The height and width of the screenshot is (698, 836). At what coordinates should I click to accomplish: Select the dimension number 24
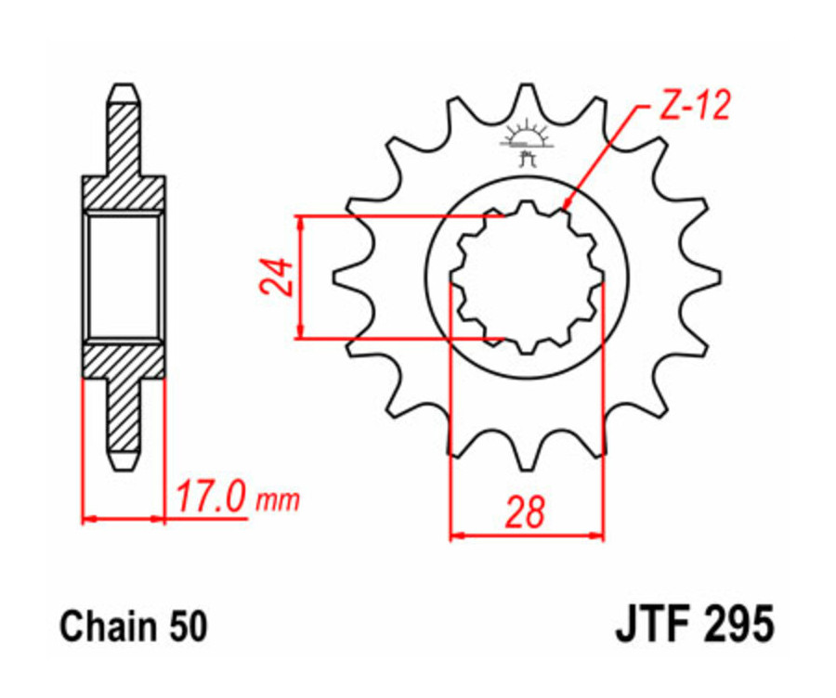pos(277,277)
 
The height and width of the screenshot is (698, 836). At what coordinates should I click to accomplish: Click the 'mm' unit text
pos(278,501)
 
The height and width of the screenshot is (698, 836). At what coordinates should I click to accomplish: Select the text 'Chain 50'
pos(134,627)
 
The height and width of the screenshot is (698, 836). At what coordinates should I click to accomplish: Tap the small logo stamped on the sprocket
pos(527,143)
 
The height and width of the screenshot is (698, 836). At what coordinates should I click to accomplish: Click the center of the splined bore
pos(527,276)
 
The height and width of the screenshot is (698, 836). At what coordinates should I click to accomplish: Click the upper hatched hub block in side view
pos(124,193)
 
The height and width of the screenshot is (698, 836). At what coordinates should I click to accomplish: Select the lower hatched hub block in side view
pos(124,359)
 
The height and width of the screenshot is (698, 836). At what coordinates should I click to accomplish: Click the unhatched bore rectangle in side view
pos(124,276)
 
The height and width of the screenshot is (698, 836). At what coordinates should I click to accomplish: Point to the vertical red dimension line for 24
pos(300,277)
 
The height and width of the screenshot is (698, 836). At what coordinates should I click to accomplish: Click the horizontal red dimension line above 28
pos(527,536)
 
